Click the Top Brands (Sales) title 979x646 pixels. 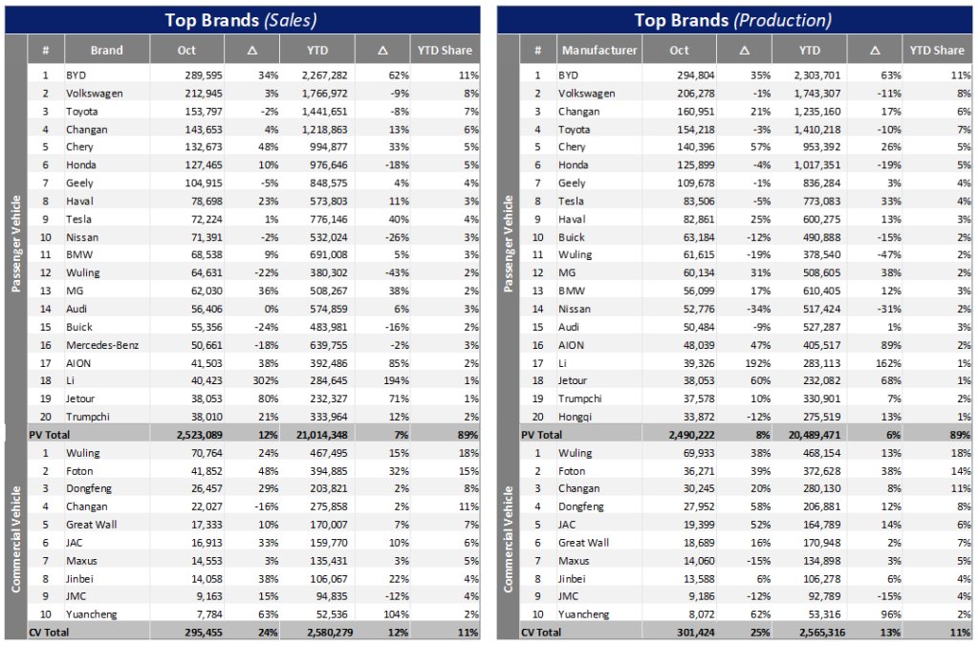point(241,19)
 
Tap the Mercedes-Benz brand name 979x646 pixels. point(102,345)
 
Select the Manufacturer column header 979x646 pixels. point(599,51)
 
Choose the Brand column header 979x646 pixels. point(107,51)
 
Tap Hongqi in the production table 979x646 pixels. point(576,417)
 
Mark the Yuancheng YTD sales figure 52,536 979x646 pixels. point(325,614)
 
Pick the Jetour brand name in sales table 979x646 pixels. point(82,398)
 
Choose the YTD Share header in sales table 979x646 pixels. point(444,51)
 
